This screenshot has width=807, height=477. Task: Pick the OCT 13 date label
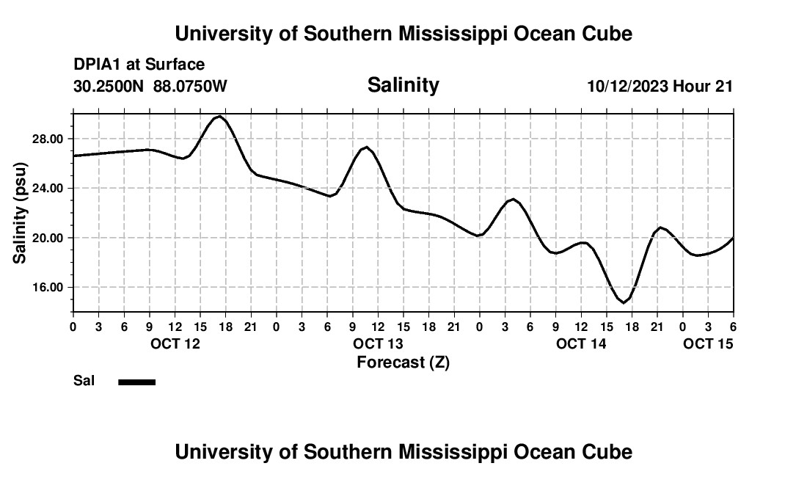point(378,343)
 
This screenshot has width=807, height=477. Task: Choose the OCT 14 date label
point(581,343)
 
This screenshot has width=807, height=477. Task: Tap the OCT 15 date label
point(708,343)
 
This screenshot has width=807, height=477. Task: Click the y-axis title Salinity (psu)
point(20,213)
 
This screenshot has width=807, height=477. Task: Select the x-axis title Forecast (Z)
point(403,362)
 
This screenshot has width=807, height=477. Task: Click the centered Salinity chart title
point(403,85)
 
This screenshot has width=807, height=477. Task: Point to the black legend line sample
point(136,382)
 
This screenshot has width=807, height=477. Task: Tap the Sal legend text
point(84,381)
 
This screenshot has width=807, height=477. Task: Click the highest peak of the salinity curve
point(219,116)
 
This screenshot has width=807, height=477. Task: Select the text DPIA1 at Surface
point(139,65)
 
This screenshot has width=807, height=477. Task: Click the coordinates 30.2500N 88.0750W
point(150,87)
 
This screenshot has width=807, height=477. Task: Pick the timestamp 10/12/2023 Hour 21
point(660,87)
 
